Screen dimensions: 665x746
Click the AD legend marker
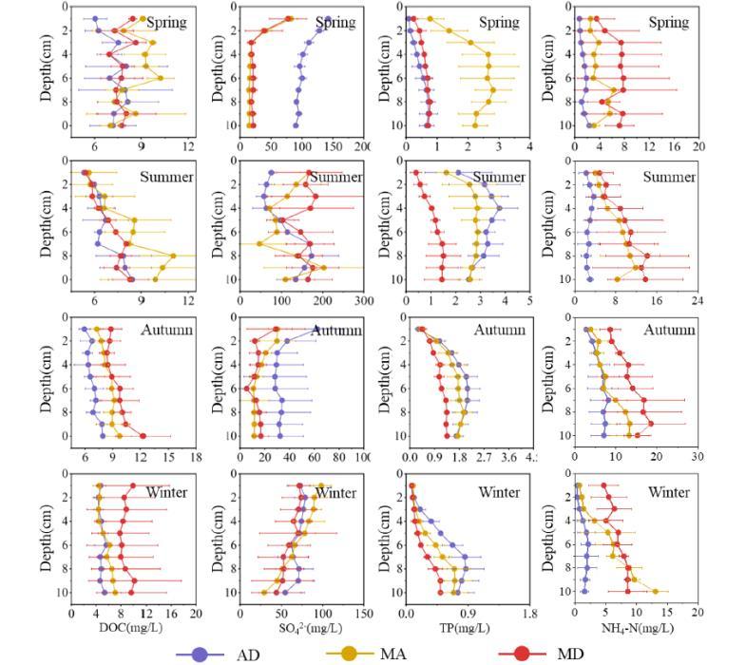[x=200, y=654]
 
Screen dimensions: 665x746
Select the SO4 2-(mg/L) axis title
[x=296, y=628]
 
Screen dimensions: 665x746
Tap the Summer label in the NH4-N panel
[x=669, y=177]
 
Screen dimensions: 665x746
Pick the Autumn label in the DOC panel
[x=166, y=330]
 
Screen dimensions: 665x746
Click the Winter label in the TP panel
[x=499, y=492]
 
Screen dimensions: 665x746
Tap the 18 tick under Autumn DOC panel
[x=196, y=457]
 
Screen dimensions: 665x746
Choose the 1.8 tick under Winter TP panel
[x=529, y=613]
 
